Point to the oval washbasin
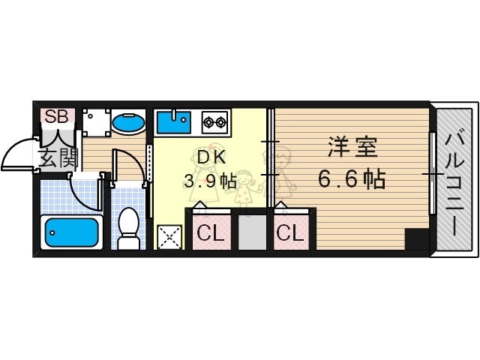coord(128,122)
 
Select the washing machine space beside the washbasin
coord(95,122)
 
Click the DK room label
coord(211,157)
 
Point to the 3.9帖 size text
coord(211,181)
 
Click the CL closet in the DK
coord(211,232)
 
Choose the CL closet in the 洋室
coord(289,232)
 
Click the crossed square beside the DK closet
coord(169,237)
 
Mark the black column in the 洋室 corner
coord(415,239)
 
